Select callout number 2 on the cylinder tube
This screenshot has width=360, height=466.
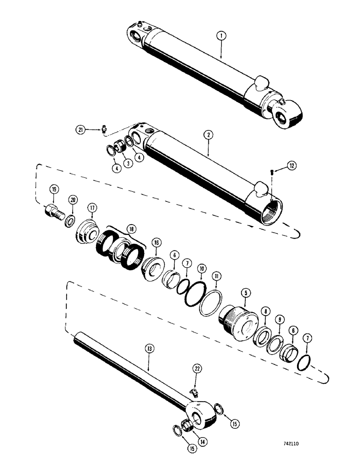tap(208, 135)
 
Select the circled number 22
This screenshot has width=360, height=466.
tap(198, 369)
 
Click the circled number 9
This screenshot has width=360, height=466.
tap(279, 319)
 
